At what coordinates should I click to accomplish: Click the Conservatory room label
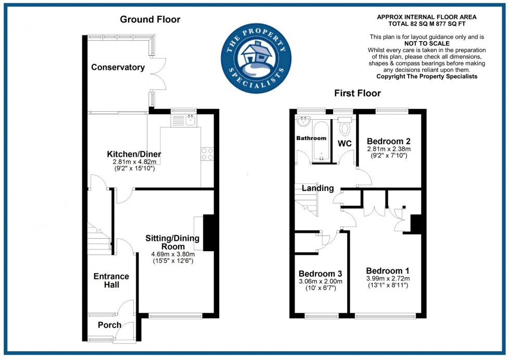pyautogui.click(x=118, y=67)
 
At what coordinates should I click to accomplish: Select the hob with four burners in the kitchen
pyautogui.click(x=207, y=153)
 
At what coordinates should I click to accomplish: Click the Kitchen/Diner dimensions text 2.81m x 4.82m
pyautogui.click(x=134, y=162)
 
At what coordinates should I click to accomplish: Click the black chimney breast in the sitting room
pyautogui.click(x=208, y=233)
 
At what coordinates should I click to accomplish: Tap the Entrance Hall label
pyautogui.click(x=111, y=280)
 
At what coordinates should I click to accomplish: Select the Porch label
pyautogui.click(x=109, y=325)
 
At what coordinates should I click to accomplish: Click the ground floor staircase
pyautogui.click(x=99, y=237)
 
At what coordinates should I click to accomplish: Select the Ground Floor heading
pyautogui.click(x=150, y=20)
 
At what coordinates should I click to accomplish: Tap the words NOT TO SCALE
pyautogui.click(x=426, y=44)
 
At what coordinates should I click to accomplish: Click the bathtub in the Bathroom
pyautogui.click(x=320, y=140)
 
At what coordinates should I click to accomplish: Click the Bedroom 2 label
pyautogui.click(x=389, y=141)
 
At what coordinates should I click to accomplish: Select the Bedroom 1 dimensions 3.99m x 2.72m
pyautogui.click(x=387, y=278)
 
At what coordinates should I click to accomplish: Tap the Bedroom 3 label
pyautogui.click(x=320, y=274)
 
